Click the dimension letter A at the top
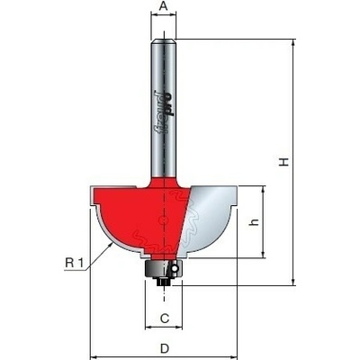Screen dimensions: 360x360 [164, 6]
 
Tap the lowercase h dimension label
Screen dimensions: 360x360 [255, 222]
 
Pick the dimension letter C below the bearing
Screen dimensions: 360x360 [165, 318]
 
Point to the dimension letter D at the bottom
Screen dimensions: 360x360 [165, 348]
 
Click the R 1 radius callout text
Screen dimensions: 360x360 [74, 263]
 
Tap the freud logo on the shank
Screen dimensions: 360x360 [164, 112]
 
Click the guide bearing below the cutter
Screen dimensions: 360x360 [164, 268]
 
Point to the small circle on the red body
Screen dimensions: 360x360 [163, 220]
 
